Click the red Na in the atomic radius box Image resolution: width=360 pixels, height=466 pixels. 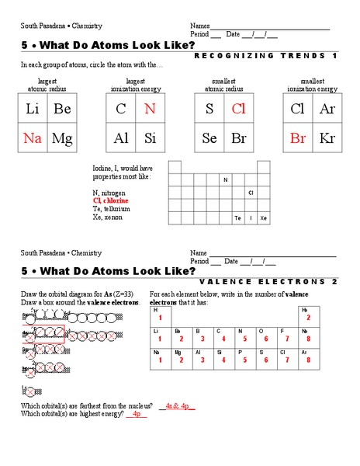coord(33,138)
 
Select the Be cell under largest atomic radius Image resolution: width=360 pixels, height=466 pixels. coord(62,110)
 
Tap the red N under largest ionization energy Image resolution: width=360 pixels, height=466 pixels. coord(150,110)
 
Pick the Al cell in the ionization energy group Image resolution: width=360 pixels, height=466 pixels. coord(121,138)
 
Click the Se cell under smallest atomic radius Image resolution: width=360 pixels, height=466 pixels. coord(209,138)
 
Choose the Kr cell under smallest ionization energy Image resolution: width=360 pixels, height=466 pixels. coord(327,138)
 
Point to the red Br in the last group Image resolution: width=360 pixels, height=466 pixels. coord(298,138)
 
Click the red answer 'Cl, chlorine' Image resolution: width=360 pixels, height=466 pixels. coord(111,200)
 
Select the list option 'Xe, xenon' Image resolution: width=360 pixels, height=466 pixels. coord(107,217)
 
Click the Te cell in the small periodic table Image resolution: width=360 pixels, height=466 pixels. coord(238,218)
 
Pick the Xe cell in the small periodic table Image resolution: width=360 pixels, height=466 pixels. coord(264,218)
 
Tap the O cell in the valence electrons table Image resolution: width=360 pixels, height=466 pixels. coord(265,336)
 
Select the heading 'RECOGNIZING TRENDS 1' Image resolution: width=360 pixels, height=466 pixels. coord(265,56)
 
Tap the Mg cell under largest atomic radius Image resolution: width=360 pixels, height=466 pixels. coord(62,138)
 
